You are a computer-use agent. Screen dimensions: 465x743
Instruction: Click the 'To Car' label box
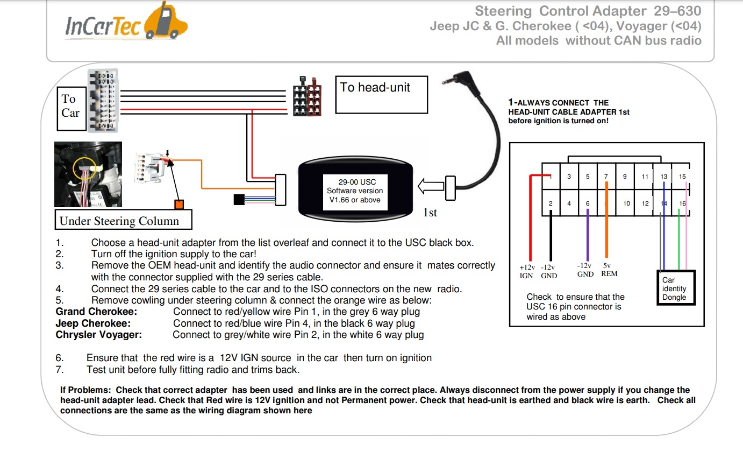point(72,107)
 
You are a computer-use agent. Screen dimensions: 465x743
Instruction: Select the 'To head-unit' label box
point(381,94)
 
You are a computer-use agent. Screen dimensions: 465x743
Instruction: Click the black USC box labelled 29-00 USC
point(355,185)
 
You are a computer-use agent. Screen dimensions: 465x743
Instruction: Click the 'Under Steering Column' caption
point(124,221)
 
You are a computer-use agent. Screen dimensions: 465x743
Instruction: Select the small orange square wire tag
point(179,205)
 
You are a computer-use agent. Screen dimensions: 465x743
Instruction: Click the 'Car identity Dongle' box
point(676,288)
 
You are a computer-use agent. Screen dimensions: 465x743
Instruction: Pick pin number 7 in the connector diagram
point(606,177)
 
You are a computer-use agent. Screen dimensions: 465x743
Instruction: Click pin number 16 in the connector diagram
point(682,203)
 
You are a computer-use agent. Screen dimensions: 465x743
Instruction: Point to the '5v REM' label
point(609,270)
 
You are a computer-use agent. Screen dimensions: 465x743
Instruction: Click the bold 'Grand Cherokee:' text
point(96,312)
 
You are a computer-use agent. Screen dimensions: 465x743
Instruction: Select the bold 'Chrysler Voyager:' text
point(98,335)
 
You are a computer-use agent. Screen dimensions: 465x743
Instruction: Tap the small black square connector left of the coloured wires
point(239,200)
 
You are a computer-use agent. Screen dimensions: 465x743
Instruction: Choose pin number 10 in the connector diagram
point(626,203)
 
